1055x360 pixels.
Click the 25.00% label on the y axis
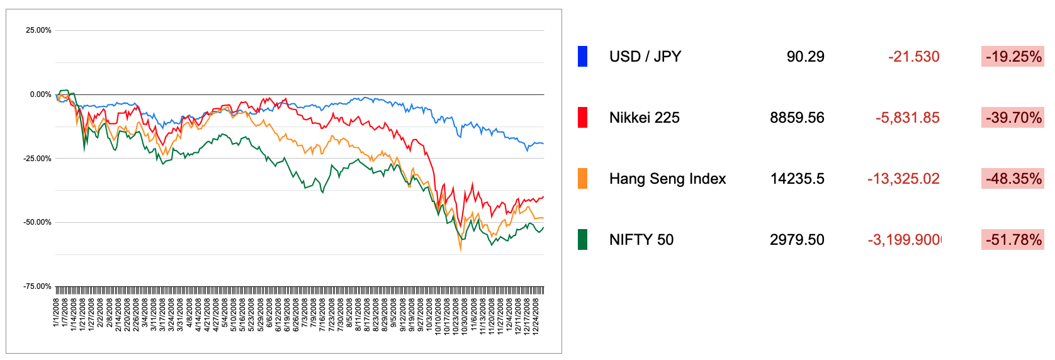[38, 30]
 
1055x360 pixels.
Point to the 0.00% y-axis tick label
[40, 94]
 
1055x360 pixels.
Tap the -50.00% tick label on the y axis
[37, 222]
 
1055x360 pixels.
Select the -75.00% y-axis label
[37, 286]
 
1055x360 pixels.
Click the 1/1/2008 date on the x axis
[57, 312]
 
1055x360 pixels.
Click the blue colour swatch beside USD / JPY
[582, 57]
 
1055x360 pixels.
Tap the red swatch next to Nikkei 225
[582, 118]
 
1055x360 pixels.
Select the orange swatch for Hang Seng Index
[582, 179]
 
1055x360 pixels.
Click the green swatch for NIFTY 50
[582, 240]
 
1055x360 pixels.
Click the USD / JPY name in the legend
[645, 57]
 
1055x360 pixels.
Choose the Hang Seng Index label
[667, 179]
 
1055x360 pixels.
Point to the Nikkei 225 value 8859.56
[797, 118]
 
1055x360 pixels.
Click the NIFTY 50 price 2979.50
[797, 240]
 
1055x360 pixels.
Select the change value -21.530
[913, 57]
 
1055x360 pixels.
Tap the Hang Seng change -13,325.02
[903, 179]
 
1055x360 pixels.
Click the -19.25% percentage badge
[1013, 57]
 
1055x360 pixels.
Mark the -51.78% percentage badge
[1013, 240]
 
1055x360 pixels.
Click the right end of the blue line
[543, 144]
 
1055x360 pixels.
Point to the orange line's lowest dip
[460, 250]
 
